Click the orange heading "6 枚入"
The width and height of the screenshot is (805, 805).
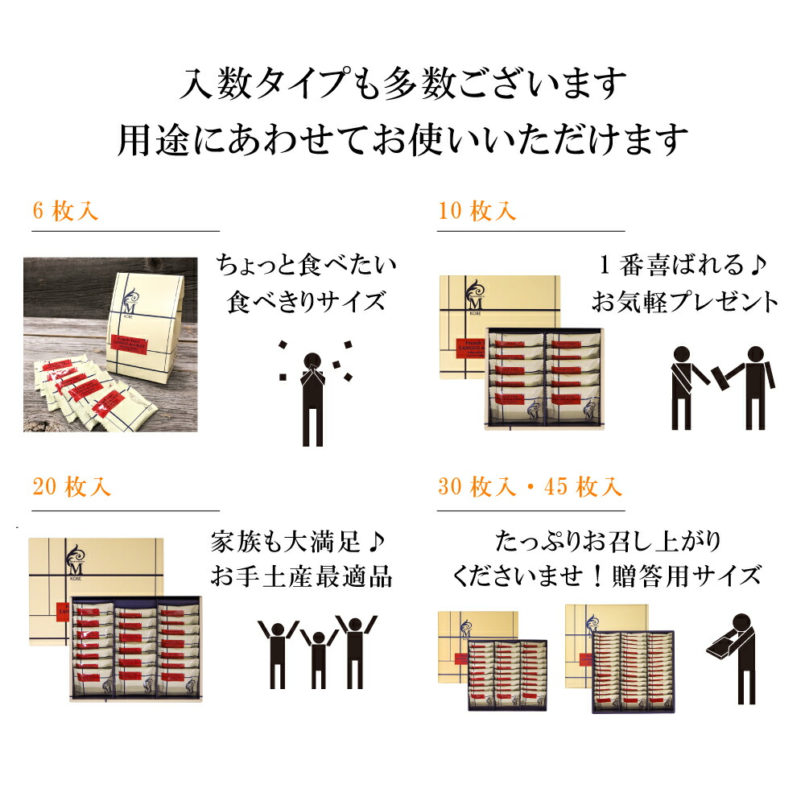click(66, 212)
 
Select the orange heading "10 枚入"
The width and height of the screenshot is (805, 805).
click(477, 212)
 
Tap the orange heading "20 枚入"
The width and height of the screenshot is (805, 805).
click(72, 488)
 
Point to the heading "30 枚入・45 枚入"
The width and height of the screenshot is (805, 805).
click(530, 488)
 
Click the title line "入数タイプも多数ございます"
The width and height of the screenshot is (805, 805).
click(402, 83)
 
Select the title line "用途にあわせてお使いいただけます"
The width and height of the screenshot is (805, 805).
click(402, 139)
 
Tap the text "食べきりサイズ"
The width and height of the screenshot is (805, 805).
click(308, 302)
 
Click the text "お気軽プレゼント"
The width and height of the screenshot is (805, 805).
click(685, 302)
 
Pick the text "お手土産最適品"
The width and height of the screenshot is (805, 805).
click(301, 577)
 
